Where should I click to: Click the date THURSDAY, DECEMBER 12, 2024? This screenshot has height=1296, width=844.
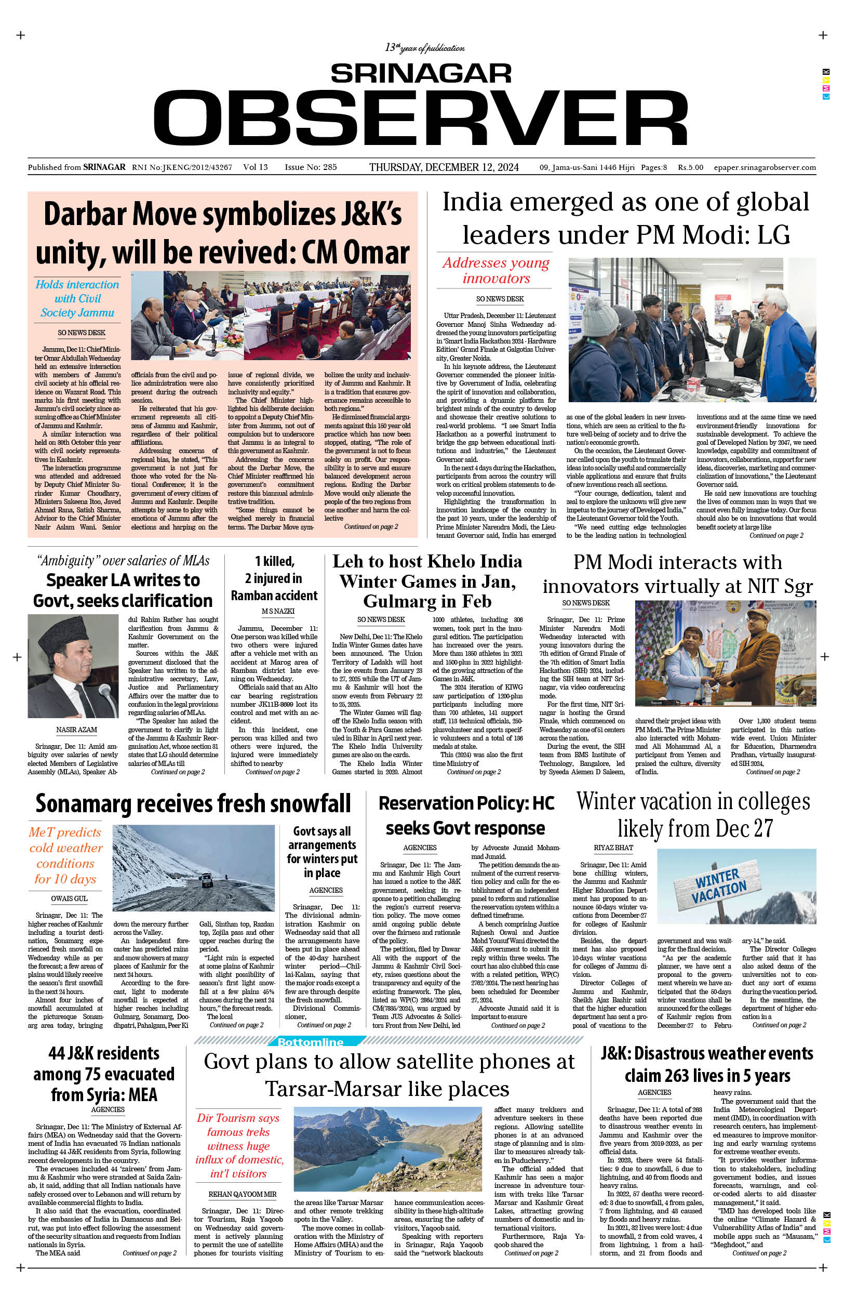click(x=444, y=167)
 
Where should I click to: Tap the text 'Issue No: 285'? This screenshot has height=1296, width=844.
click(x=311, y=167)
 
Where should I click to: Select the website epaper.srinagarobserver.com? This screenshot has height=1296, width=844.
click(x=765, y=167)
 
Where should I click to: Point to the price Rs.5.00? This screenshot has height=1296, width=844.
click(x=690, y=167)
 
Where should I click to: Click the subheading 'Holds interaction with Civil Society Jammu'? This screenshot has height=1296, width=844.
click(x=77, y=298)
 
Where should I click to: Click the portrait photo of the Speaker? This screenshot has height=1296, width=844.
click(x=73, y=666)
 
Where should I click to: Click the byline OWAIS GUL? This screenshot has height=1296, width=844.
click(x=69, y=898)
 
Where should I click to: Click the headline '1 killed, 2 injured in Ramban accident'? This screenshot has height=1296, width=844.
click(x=274, y=578)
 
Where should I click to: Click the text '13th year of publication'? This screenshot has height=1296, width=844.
click(x=424, y=48)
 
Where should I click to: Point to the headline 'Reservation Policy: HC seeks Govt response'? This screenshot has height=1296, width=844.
click(x=466, y=815)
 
